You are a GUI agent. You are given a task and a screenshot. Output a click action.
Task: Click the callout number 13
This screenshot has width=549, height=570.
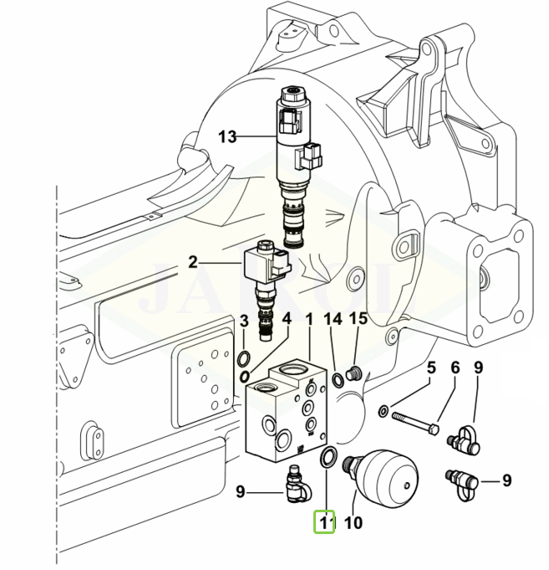click(228, 136)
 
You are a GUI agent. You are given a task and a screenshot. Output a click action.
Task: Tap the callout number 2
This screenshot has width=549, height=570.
click(192, 262)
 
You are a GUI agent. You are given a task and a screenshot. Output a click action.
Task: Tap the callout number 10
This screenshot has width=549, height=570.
click(353, 525)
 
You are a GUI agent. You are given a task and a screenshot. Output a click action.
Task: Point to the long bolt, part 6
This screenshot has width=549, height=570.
click(414, 421)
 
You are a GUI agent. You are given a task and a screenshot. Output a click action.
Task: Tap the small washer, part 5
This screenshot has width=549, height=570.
click(383, 411)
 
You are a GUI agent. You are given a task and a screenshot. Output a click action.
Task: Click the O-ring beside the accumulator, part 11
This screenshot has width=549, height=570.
click(329, 457)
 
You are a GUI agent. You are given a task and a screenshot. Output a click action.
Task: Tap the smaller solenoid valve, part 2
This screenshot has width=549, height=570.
click(265, 285)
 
